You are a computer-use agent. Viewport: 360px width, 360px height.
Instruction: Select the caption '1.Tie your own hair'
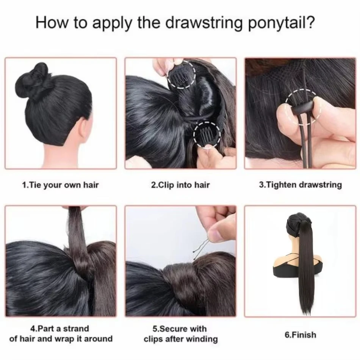pyautogui.click(x=60, y=185)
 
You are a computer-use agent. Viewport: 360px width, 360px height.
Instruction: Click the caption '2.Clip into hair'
pyautogui.click(x=180, y=185)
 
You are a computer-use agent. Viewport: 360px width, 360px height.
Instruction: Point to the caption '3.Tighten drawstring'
pyautogui.click(x=301, y=185)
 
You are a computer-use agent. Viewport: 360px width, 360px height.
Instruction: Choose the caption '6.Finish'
pyautogui.click(x=300, y=335)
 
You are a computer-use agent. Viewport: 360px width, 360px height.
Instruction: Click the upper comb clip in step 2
pyautogui.click(x=181, y=77)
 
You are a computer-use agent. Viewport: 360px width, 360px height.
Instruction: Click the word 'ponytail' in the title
pyautogui.click(x=276, y=23)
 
